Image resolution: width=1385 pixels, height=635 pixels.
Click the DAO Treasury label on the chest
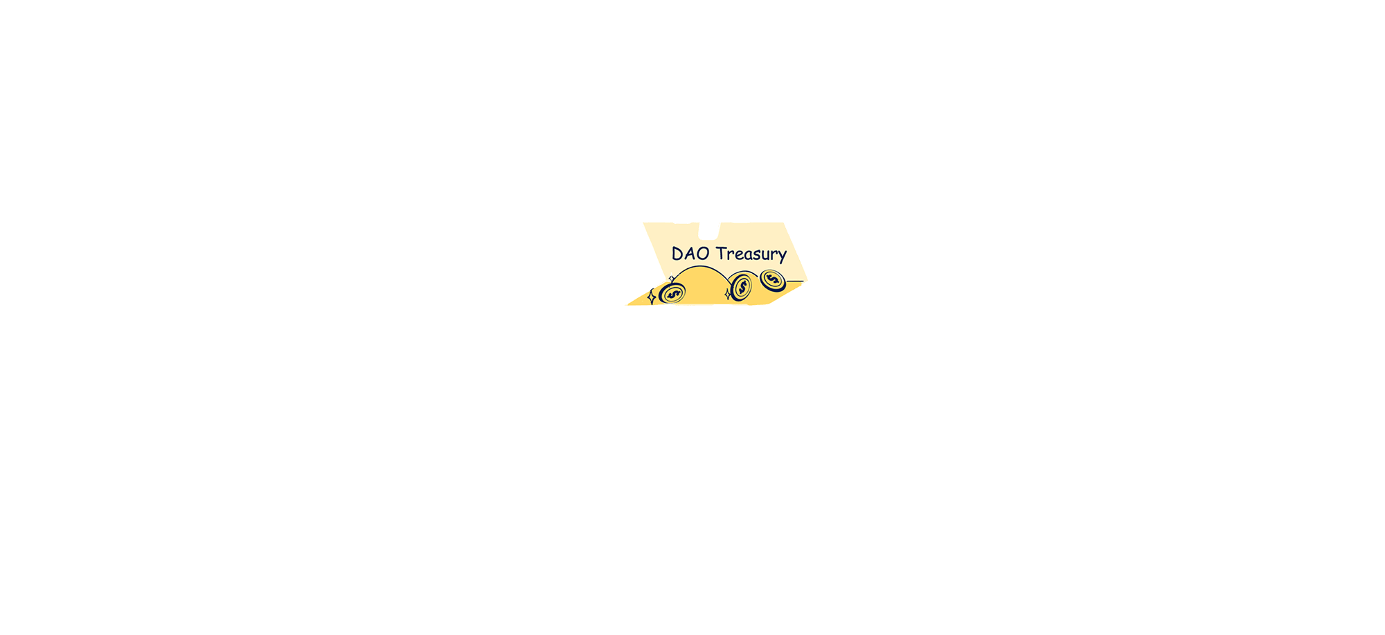click(x=729, y=254)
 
